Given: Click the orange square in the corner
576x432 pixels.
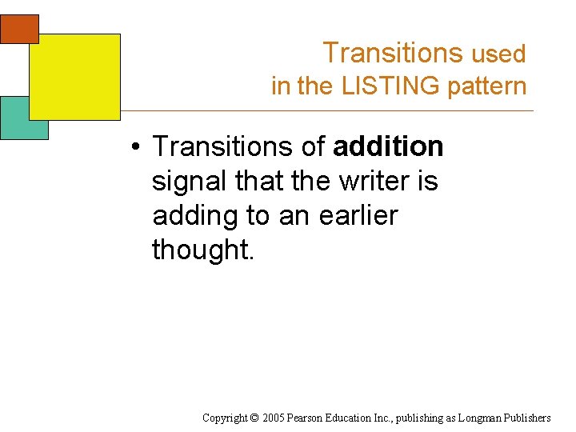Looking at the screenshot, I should coord(18,27).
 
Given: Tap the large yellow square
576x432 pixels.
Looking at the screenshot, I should coord(74,76).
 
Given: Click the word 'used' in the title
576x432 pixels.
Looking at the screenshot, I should coord(498,54).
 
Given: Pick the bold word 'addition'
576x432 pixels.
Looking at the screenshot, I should coord(388,146).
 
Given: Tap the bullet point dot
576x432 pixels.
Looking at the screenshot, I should coord(138,147).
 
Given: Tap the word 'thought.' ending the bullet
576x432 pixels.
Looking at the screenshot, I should coord(202,250).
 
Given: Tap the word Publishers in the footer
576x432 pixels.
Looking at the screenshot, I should coord(528,418).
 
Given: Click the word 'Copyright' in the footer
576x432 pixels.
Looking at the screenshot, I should coord(227,418).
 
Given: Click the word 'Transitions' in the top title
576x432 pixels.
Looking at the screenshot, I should coord(393,53).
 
